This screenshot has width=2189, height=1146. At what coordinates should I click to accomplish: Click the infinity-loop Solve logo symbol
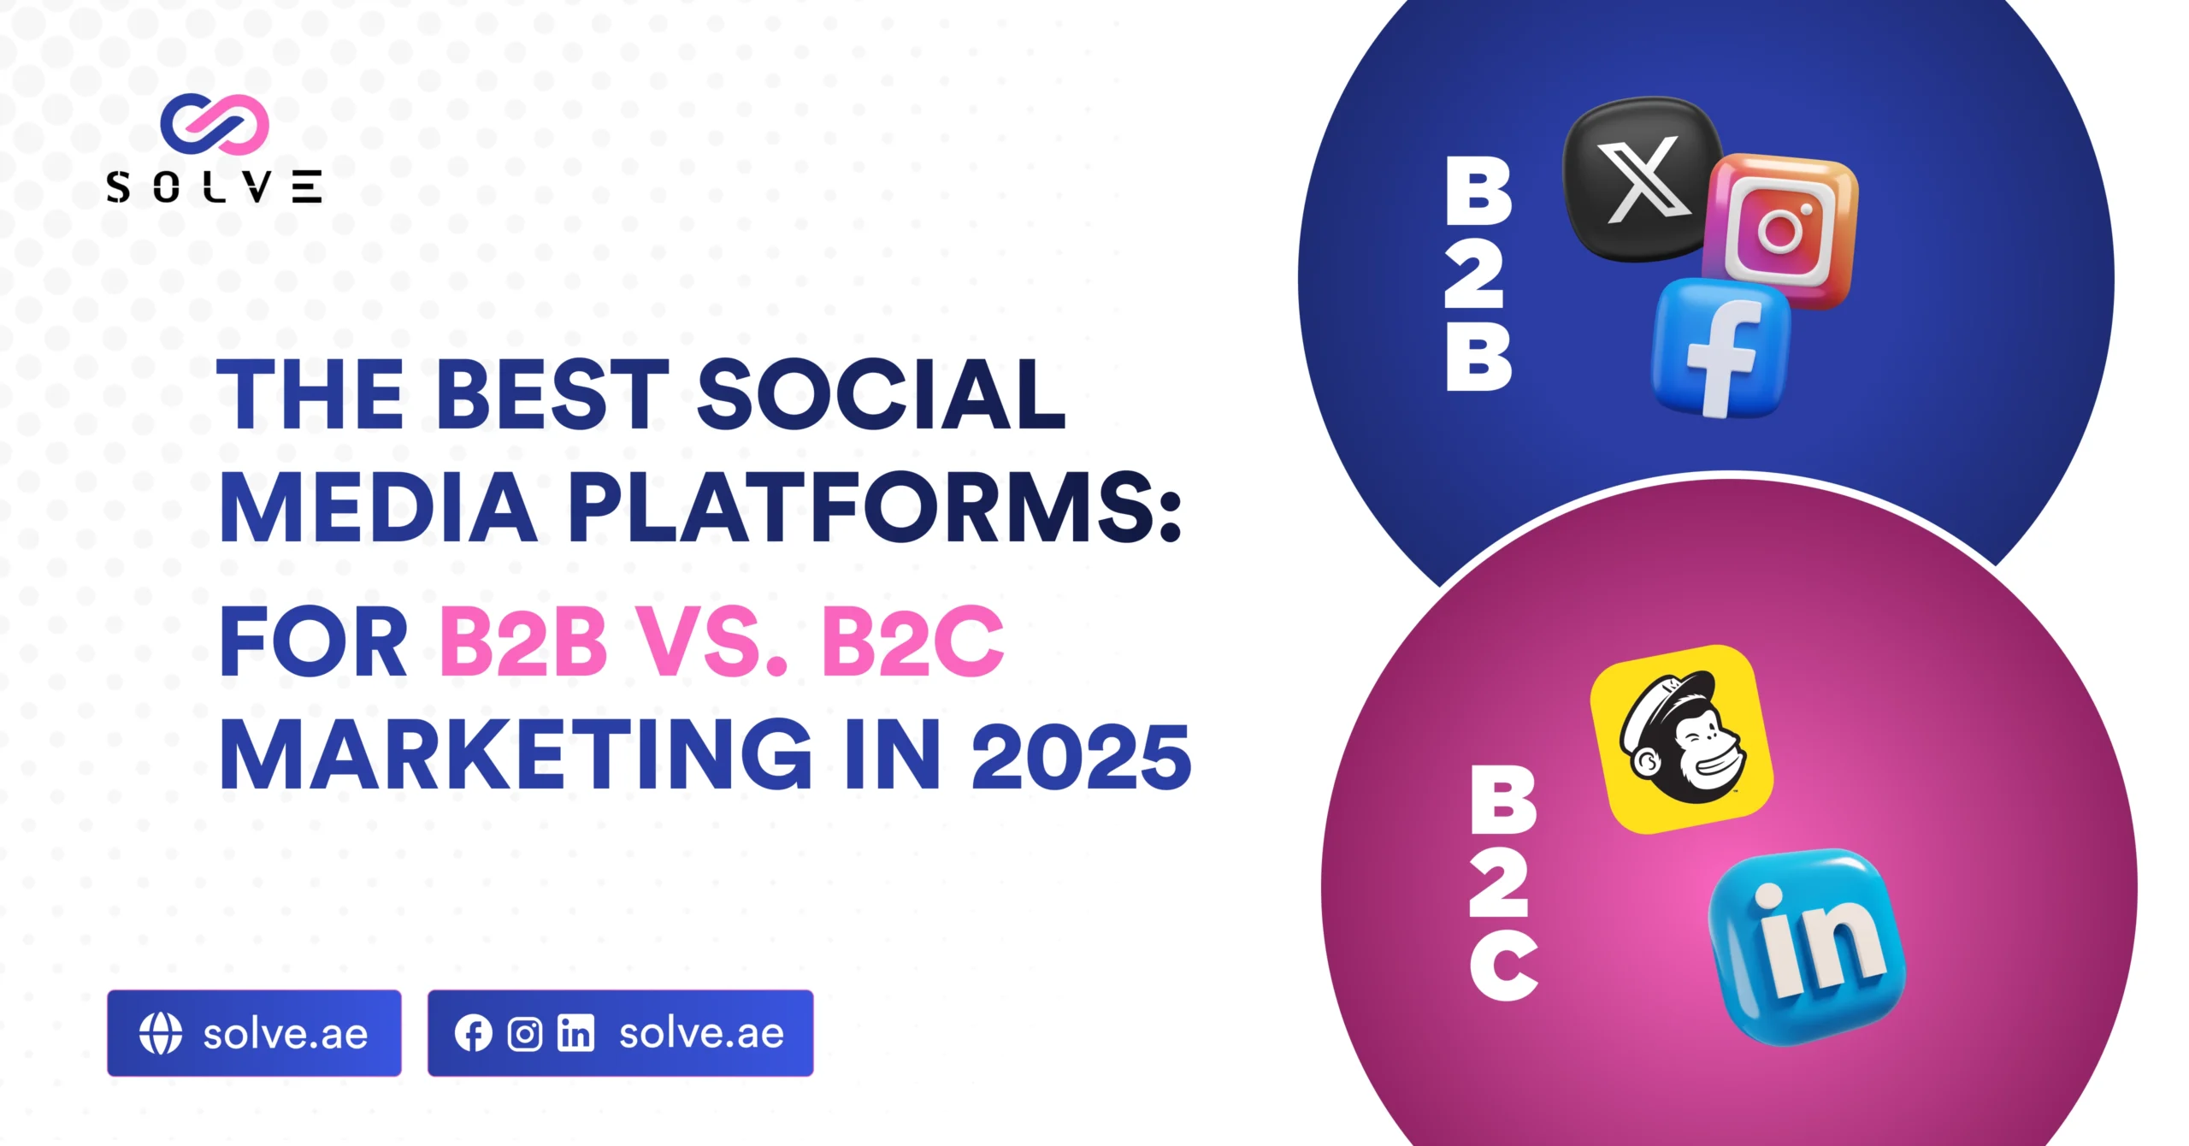[215, 124]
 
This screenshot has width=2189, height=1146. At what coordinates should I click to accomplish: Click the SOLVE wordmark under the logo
[214, 187]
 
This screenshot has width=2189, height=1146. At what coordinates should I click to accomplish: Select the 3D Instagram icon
[1780, 230]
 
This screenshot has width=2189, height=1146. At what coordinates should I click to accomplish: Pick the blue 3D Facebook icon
[1720, 348]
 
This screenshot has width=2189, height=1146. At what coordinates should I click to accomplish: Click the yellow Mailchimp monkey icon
[1681, 739]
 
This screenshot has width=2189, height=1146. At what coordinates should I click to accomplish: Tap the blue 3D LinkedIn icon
[1807, 947]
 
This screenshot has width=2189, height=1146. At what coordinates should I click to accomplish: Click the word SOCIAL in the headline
[882, 394]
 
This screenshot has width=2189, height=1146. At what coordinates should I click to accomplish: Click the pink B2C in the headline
[912, 641]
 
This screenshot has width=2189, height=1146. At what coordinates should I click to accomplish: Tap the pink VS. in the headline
[713, 641]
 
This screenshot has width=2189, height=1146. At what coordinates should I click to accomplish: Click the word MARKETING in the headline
[517, 754]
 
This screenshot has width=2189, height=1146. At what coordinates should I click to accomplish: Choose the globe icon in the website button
[161, 1033]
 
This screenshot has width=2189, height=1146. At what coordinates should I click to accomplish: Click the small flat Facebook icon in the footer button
[473, 1033]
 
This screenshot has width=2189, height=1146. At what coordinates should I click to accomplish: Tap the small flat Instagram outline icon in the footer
[525, 1034]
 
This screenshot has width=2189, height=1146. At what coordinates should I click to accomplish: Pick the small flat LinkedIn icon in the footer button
[575, 1033]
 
